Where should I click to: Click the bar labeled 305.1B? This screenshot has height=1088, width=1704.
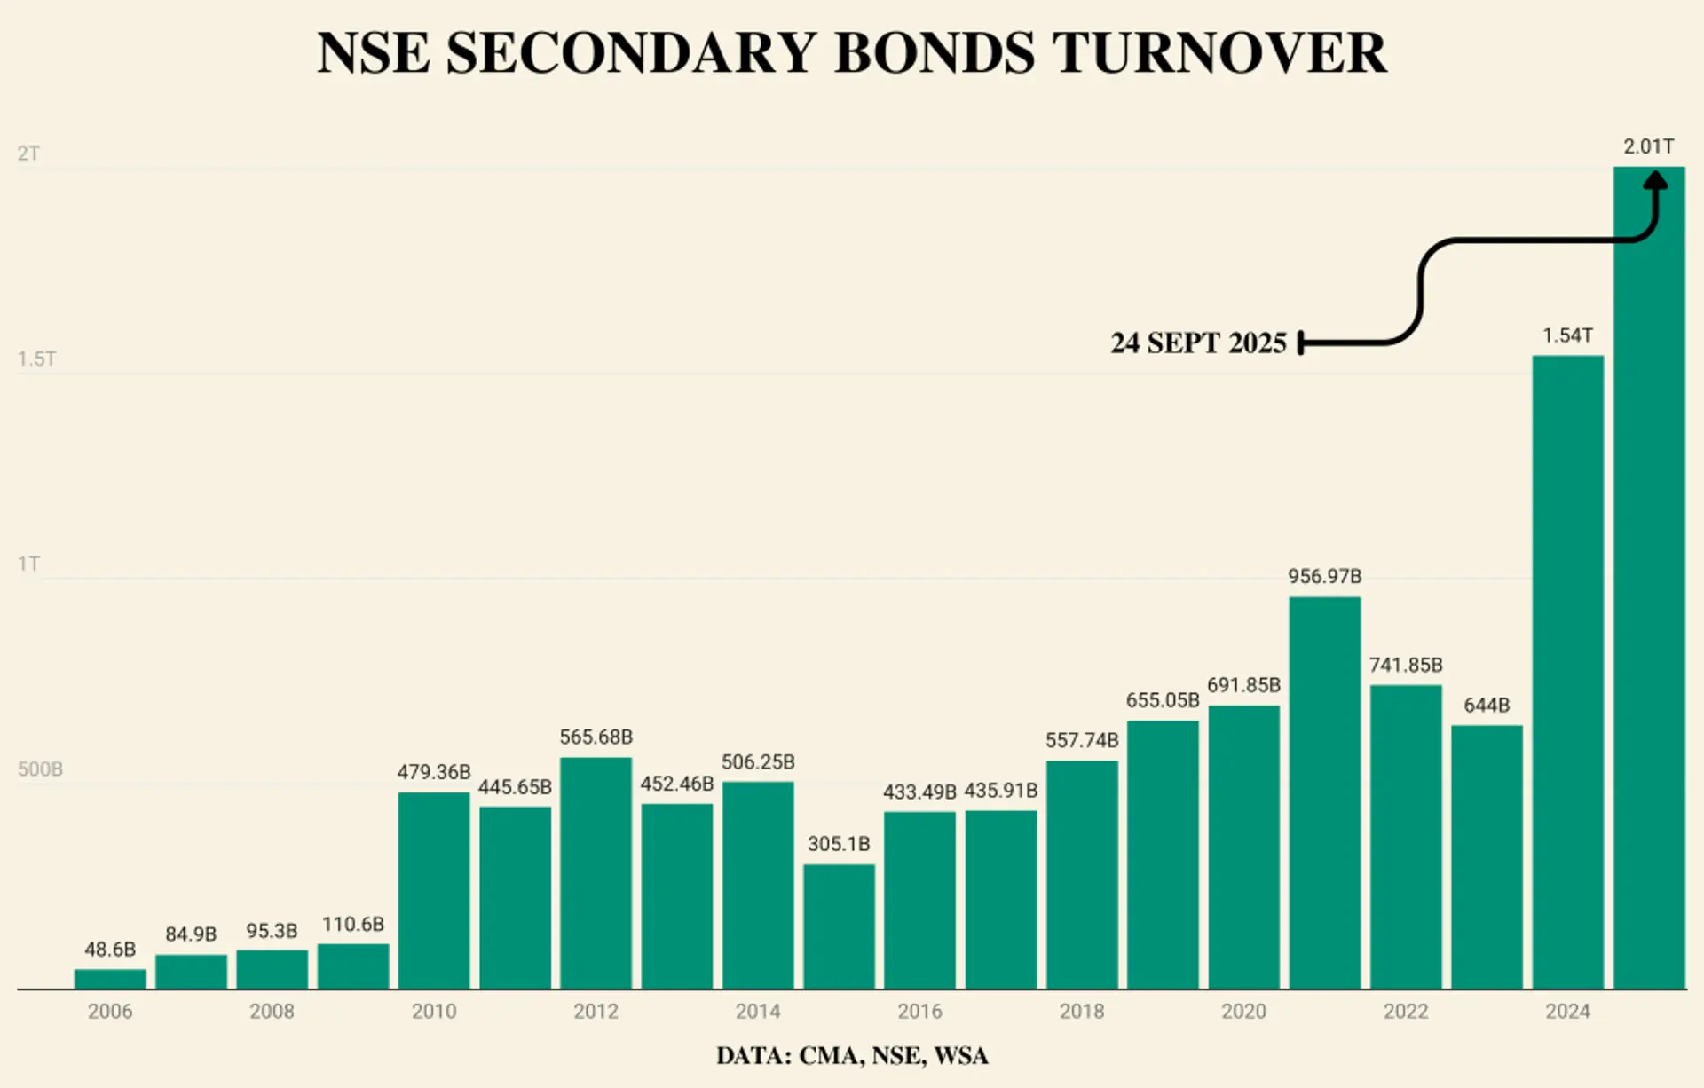[839, 926]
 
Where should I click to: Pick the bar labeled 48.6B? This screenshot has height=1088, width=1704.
[110, 979]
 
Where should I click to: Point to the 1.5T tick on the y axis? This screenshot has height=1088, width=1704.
[36, 359]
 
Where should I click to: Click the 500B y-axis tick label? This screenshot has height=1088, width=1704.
[40, 769]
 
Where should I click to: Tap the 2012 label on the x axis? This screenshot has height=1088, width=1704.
[596, 1012]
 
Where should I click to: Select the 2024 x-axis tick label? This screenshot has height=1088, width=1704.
[1567, 1012]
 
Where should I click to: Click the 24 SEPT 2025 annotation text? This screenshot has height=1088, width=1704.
[1198, 343]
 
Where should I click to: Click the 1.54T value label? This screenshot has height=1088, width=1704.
[1567, 336]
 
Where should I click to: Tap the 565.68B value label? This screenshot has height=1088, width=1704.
[596, 737]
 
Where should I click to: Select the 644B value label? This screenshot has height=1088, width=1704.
[1487, 706]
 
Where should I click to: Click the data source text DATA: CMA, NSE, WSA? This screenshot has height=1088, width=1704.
[852, 1056]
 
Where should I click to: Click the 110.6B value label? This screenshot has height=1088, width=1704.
[353, 925]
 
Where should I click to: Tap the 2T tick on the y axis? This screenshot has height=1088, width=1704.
[28, 154]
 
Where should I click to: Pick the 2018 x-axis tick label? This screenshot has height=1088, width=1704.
[1082, 1012]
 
